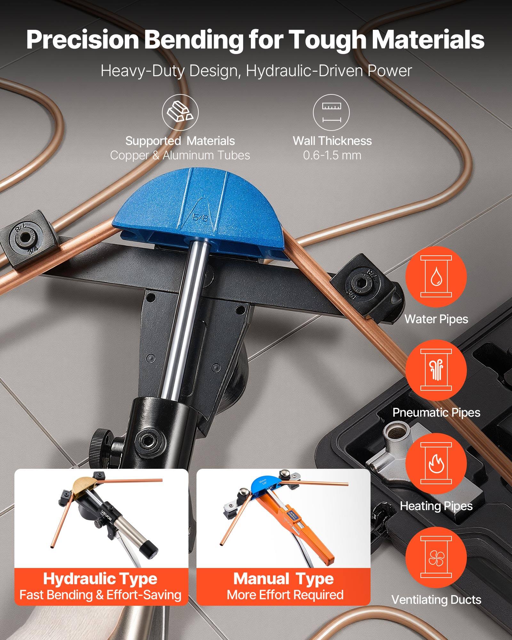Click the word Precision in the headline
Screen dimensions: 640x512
[82, 39]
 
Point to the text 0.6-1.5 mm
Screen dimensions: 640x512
[332, 156]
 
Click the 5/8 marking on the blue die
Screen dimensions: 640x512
[199, 218]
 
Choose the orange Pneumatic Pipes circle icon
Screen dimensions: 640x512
[436, 370]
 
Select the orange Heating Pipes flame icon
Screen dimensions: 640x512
[436, 464]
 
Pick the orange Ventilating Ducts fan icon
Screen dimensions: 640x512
[436, 557]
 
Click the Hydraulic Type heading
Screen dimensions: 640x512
[100, 579]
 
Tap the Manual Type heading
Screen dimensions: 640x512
[283, 579]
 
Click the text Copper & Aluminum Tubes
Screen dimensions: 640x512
[180, 156]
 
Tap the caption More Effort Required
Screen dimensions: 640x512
[285, 595]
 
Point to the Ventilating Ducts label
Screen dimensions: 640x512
[436, 600]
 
